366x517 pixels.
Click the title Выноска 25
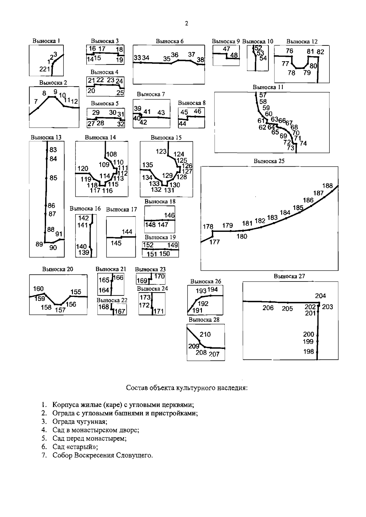269,161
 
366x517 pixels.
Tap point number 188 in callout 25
327,186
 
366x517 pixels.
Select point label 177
215,242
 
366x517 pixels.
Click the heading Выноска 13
46,137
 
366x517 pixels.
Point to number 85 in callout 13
53,178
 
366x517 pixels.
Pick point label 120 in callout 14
83,168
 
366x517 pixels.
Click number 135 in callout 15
148,165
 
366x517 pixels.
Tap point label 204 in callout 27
321,296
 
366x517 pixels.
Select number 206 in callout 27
268,308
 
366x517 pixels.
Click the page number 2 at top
187,23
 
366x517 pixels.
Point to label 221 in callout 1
45,69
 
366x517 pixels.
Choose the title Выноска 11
268,87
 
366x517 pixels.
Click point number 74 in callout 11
303,143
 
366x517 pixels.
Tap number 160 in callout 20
38,289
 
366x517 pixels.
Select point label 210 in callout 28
205,335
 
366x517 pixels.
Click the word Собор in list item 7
63,455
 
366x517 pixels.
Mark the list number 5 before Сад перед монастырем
44,438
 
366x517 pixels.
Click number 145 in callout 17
116,243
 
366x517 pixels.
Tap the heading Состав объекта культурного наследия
187,388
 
